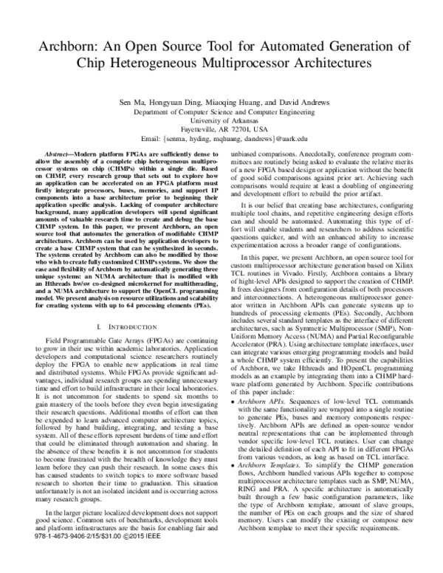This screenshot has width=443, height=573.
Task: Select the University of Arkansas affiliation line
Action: coord(221,119)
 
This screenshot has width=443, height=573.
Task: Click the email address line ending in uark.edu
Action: coord(221,138)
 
